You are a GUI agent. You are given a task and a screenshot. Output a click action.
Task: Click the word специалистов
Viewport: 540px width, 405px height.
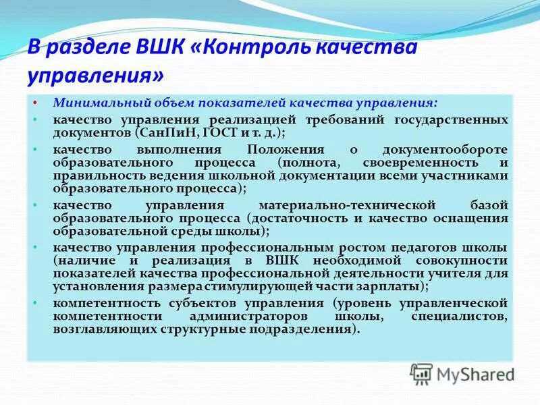(459, 318)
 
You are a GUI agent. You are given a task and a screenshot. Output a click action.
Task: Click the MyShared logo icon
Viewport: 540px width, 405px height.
(421, 373)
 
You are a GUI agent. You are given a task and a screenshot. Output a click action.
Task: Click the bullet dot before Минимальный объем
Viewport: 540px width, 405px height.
(36, 103)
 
